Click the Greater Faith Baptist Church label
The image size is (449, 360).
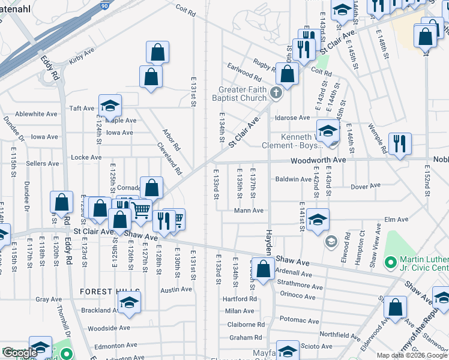pos(242,94)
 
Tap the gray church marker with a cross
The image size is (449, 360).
pos(276,92)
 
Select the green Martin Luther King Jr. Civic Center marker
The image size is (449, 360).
pos(390,262)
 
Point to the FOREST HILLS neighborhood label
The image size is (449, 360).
pos(104,292)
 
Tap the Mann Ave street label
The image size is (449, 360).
pos(249,211)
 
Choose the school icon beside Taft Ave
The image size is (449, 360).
pos(110,106)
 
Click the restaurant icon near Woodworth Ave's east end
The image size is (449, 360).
pos(399,144)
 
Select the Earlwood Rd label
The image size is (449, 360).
pos(244,72)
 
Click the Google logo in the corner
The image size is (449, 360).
pos(20,353)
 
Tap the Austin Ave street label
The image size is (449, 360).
pos(176,289)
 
